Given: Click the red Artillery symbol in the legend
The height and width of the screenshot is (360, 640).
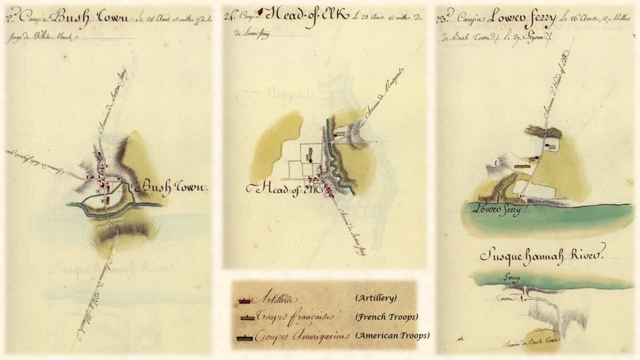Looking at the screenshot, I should click(245, 299).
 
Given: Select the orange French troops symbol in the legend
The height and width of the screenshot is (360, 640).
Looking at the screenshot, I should click(245, 316).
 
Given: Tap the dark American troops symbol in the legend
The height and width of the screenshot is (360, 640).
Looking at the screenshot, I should click(245, 334).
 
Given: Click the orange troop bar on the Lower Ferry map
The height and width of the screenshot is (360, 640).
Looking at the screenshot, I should click(522, 163).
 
